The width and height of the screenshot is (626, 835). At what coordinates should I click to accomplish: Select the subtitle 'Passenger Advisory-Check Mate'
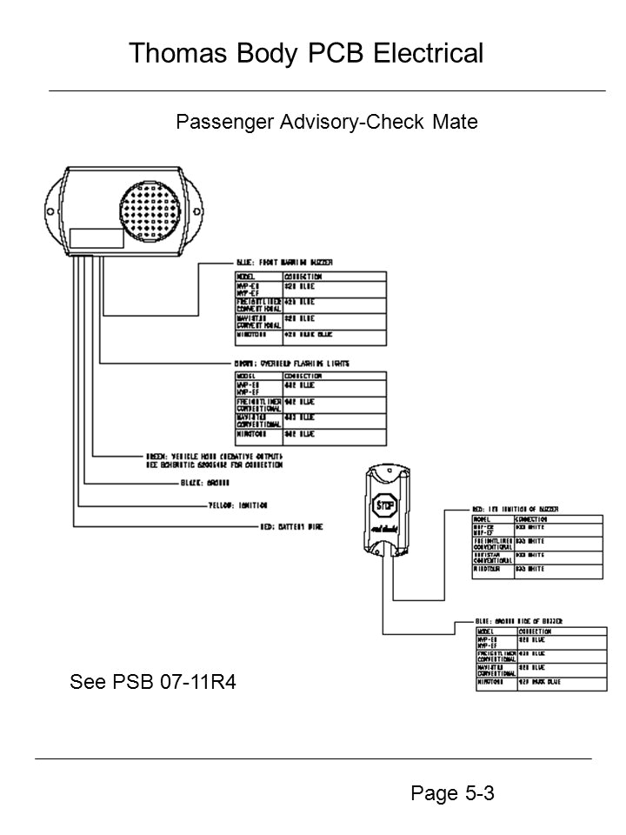[x=327, y=122]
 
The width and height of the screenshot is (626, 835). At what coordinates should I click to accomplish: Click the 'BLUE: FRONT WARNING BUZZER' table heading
[x=286, y=262]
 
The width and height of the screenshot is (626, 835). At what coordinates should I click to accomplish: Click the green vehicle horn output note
[x=216, y=458]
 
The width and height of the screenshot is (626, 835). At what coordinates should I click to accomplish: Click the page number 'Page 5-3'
[x=450, y=792]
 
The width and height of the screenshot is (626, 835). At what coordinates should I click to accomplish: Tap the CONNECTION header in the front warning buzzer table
[x=305, y=276]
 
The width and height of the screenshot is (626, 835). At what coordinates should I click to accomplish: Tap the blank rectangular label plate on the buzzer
[x=97, y=240]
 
